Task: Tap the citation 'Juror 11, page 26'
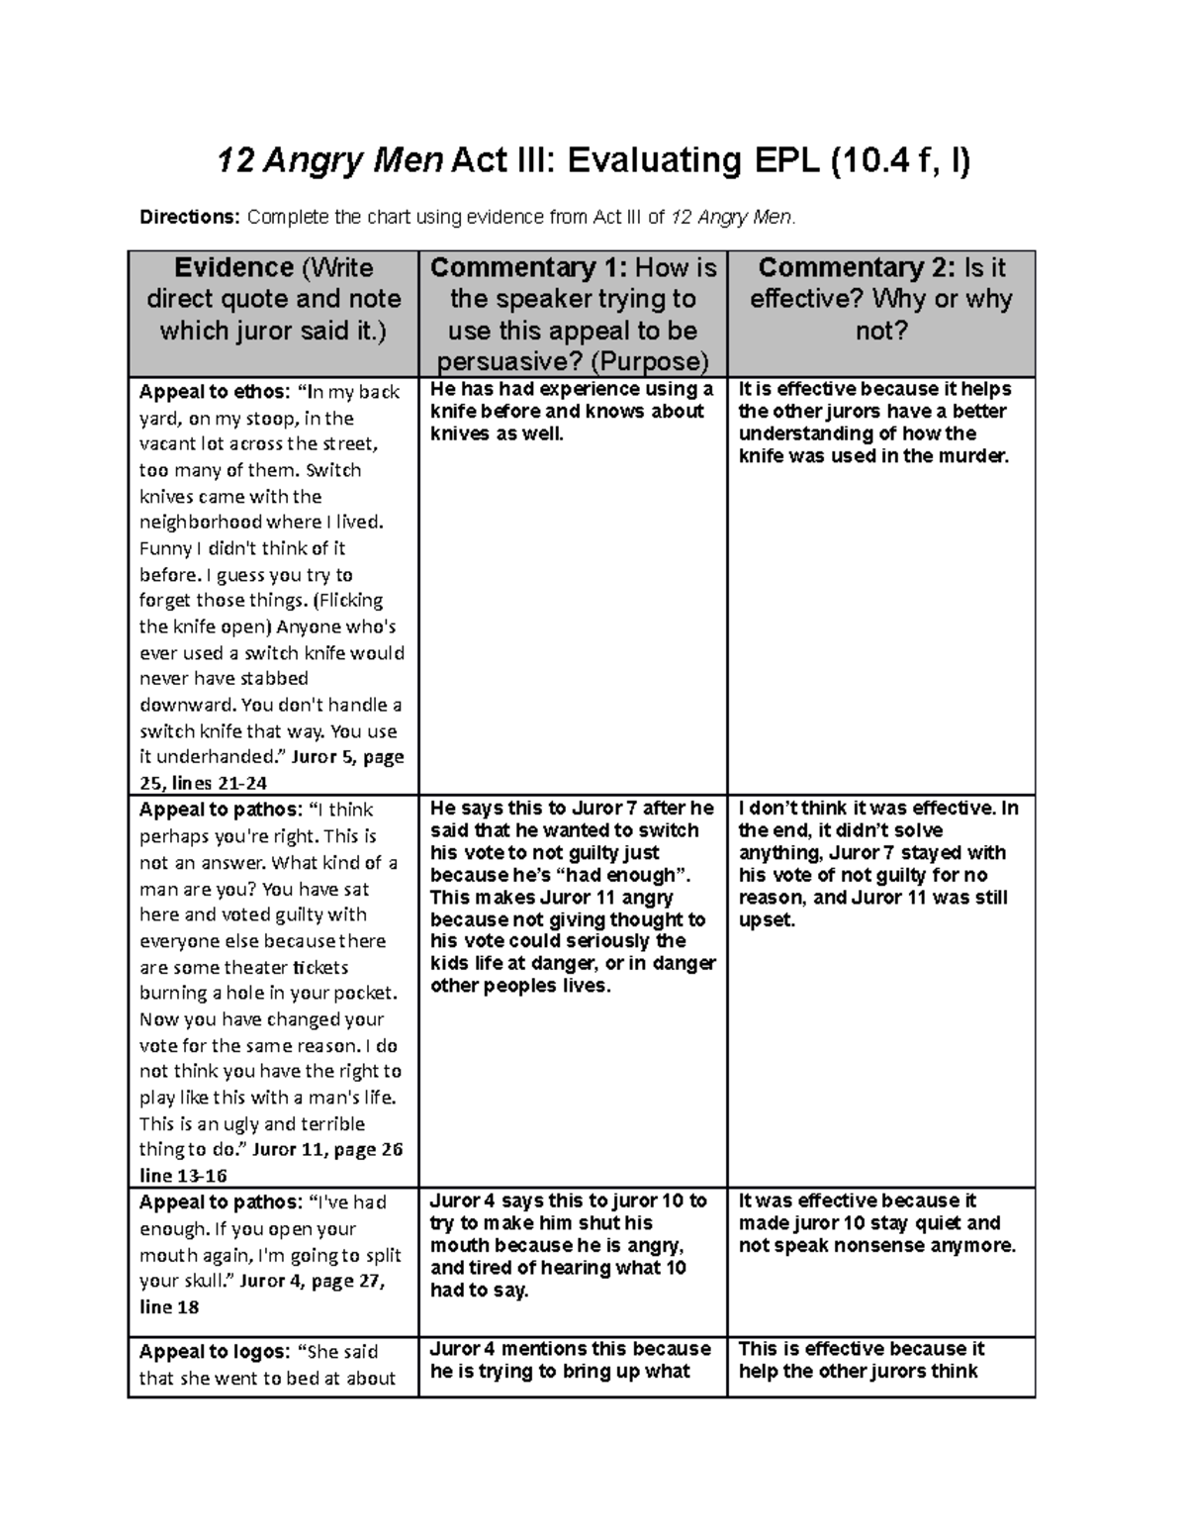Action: pos(327,1150)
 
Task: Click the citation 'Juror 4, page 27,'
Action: pos(313,1281)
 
